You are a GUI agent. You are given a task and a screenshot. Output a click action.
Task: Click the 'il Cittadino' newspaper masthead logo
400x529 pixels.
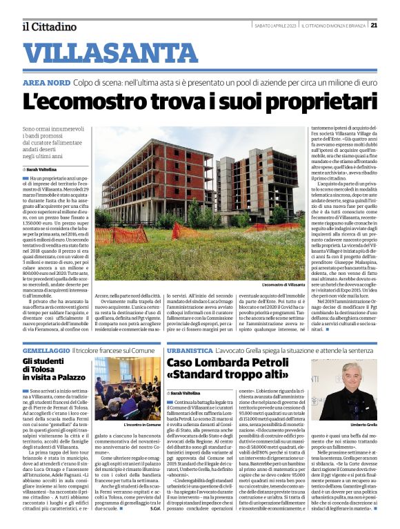(49, 26)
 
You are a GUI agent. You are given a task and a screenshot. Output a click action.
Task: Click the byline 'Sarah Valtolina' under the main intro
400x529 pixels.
(42, 169)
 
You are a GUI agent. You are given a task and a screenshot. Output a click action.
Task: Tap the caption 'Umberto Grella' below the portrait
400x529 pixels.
(361, 423)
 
